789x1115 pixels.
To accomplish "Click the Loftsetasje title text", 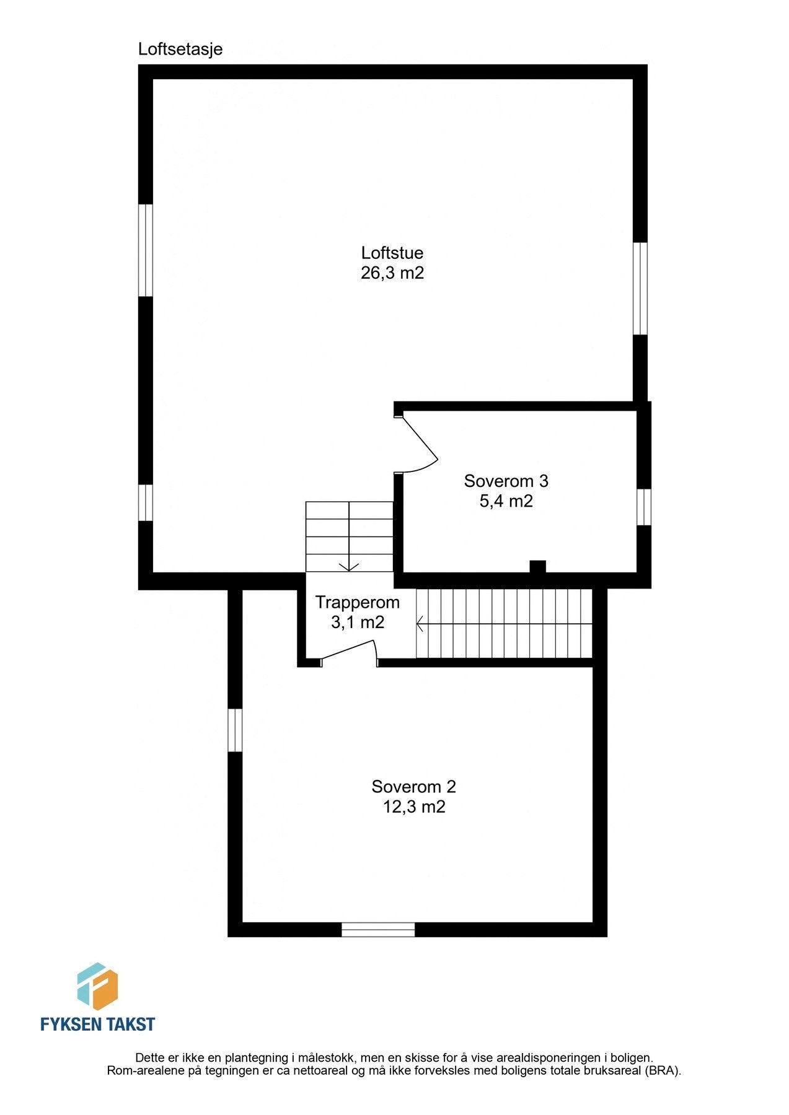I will point(180,49).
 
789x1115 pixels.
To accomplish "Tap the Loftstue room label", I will point(392,253).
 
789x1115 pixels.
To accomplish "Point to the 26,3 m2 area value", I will point(392,273).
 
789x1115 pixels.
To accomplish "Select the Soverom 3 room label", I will point(506,481).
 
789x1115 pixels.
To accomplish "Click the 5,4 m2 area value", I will point(506,501).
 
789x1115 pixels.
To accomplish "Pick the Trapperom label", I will point(357,602).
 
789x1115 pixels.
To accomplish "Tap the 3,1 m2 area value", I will point(357,623).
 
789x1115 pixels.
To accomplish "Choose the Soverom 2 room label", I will point(413,787).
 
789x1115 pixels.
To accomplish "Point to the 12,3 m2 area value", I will point(413,807).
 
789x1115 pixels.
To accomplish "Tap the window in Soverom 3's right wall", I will point(644,507).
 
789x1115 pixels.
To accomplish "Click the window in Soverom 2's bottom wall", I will point(378,929).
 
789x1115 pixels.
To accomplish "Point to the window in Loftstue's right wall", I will point(640,288).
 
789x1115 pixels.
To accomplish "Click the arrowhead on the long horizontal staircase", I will point(420,623).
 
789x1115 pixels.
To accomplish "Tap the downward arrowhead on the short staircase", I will point(350,566).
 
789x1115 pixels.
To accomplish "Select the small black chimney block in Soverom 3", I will point(537,566).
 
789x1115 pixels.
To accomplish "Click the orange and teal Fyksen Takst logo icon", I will point(97,987).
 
